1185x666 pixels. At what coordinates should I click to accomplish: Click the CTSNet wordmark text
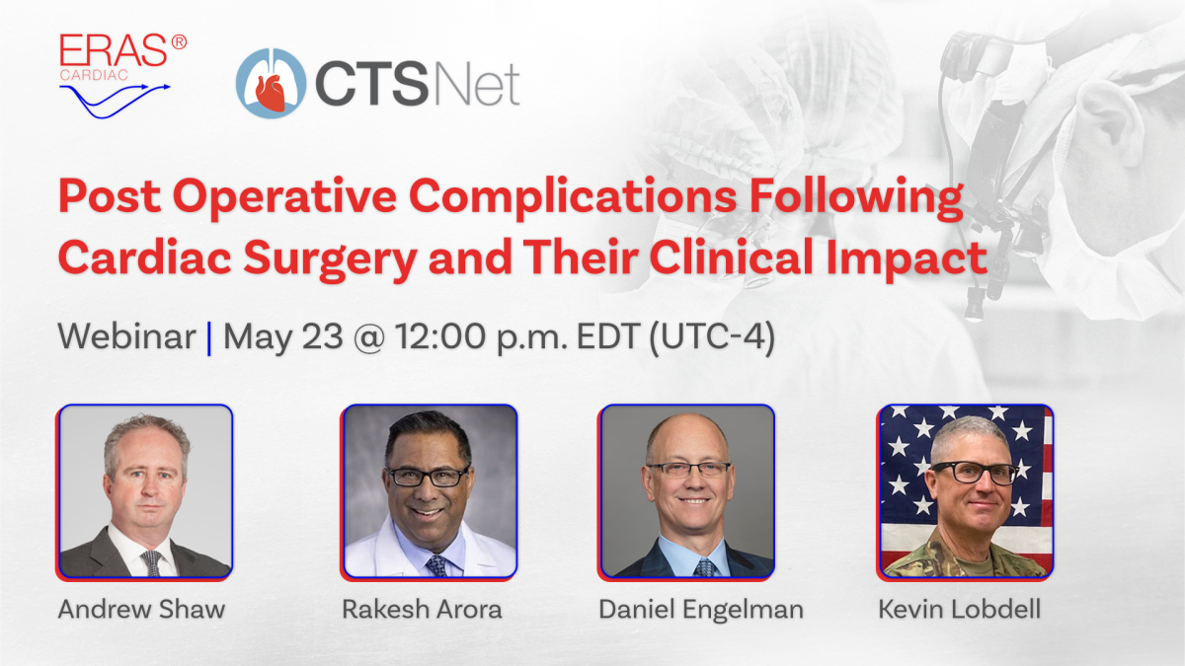pyautogui.click(x=417, y=85)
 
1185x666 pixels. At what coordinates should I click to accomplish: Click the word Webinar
pyautogui.click(x=126, y=337)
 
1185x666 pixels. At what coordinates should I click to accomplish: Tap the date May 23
pyautogui.click(x=285, y=337)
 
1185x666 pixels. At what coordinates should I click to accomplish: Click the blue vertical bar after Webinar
pyautogui.click(x=209, y=337)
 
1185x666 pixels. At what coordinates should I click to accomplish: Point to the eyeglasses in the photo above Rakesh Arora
pyautogui.click(x=428, y=477)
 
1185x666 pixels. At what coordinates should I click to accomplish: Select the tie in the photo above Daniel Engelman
pyautogui.click(x=704, y=567)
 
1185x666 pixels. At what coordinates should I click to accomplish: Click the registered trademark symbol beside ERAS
pyautogui.click(x=178, y=42)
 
